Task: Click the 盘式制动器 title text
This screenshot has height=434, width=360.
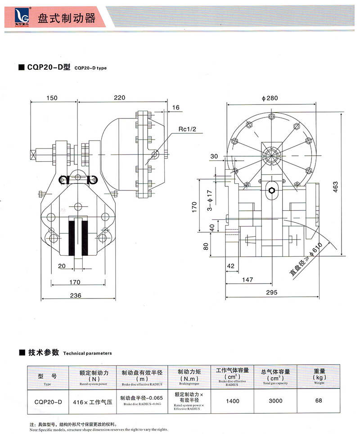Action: [x=67, y=18]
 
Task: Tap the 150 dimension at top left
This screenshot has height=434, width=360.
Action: [x=52, y=97]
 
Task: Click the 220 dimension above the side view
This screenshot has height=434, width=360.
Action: [x=120, y=97]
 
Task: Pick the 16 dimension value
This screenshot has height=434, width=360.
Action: [x=175, y=107]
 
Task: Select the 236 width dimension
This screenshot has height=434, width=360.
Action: [x=75, y=295]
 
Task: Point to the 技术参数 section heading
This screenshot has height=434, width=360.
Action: [x=44, y=353]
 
